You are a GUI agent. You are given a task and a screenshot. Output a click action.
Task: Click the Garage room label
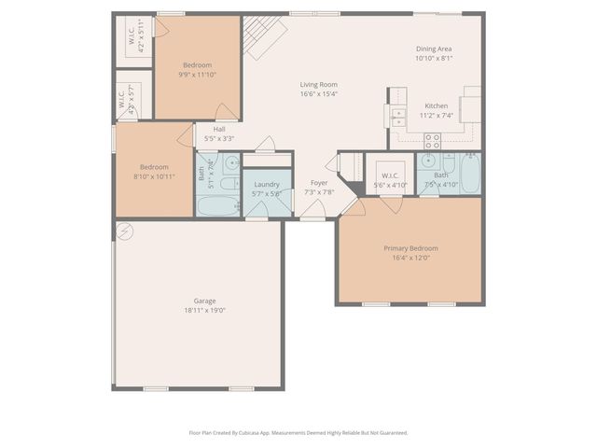point(205,301)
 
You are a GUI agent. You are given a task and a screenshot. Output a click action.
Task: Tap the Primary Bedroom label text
point(410,248)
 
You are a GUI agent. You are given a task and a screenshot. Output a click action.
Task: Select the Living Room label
point(318,84)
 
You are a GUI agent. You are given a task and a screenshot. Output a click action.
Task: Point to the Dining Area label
point(434,49)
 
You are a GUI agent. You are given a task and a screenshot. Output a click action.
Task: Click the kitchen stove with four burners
point(433,141)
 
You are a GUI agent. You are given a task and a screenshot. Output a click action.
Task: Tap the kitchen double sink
point(398,117)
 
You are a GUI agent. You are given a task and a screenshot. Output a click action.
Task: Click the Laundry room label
point(267,185)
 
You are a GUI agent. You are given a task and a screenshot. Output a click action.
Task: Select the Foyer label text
point(319,183)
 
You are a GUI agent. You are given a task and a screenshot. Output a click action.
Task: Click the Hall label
point(219,130)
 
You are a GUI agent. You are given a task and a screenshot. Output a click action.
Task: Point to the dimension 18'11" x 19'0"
point(205,310)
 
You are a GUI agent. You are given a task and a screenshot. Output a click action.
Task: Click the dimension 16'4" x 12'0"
point(410,258)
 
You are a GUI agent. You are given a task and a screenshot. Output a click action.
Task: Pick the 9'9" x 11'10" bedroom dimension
point(198,75)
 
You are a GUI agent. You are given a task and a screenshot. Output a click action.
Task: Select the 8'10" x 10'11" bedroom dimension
point(154,175)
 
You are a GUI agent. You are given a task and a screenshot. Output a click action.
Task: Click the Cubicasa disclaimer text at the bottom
point(298,432)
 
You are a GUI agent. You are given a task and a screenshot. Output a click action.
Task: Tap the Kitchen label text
point(437,105)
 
